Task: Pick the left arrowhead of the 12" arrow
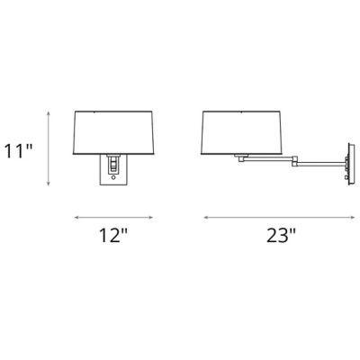pyautogui.click(x=76, y=217)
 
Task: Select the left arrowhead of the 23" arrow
pyautogui.click(x=205, y=217)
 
